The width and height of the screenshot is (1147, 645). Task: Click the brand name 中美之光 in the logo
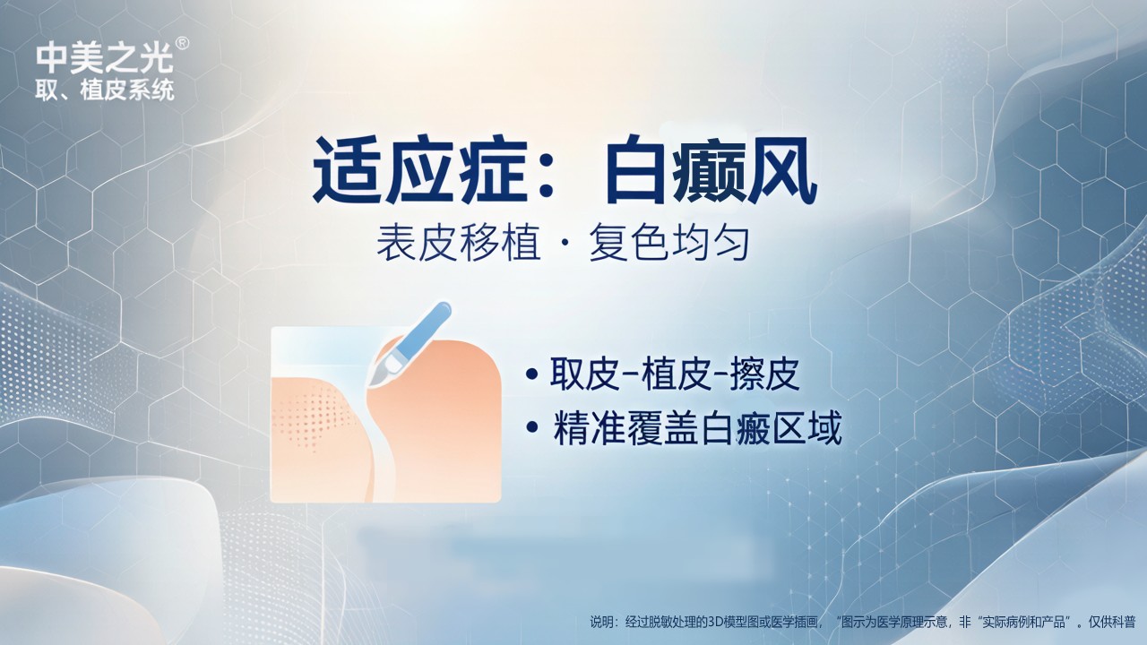click(105, 58)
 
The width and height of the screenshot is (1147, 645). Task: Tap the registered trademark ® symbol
click(182, 44)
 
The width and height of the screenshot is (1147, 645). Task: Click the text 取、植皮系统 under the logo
click(105, 90)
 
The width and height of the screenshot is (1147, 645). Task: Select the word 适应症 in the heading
click(420, 171)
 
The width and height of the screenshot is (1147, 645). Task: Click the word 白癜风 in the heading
click(711, 171)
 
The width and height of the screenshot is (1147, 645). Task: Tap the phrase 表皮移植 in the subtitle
click(458, 243)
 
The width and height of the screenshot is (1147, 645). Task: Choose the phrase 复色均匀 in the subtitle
click(668, 243)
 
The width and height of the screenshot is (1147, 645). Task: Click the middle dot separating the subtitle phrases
click(565, 245)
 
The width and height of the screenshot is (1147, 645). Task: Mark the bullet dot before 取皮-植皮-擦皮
click(532, 374)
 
